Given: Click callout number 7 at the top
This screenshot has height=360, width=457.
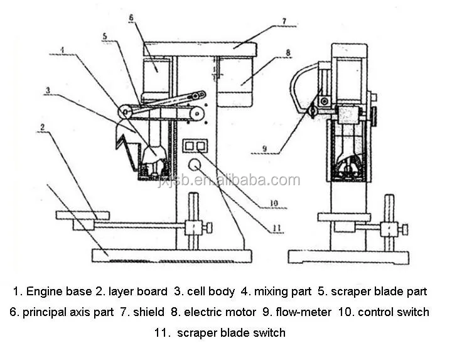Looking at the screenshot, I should (284, 21).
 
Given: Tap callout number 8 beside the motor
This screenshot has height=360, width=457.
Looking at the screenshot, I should (288, 53).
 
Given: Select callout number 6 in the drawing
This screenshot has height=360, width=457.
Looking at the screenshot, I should (131, 18).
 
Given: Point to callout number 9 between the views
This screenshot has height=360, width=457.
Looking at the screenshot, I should (265, 149).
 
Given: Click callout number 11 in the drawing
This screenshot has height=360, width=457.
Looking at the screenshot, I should (273, 225).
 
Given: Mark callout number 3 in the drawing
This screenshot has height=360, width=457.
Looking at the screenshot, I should (47, 90).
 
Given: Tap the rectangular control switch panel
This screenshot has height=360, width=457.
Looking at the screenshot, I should (193, 146).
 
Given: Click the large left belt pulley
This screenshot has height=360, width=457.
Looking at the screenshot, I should (126, 112).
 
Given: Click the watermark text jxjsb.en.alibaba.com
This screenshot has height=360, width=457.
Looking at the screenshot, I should (230, 181).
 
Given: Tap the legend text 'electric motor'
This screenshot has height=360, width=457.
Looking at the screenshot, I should (220, 312).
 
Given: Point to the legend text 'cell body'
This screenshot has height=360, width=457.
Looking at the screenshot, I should (210, 292).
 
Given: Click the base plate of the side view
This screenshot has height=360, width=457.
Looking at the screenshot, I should (348, 256).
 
